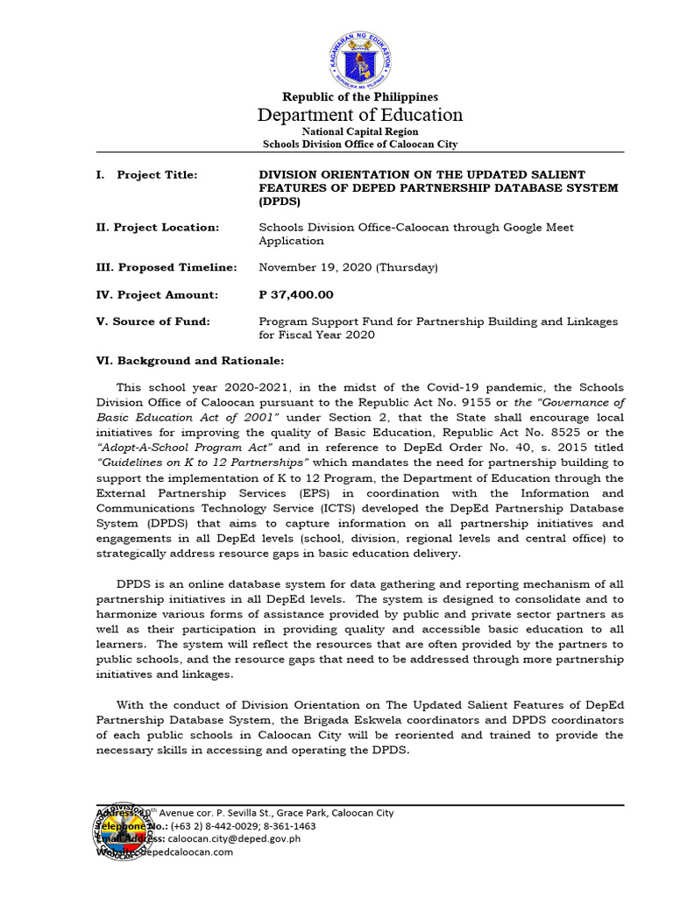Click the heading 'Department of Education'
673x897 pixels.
tap(360, 115)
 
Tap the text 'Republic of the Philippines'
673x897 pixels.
tap(360, 96)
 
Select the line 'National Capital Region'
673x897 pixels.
tap(360, 131)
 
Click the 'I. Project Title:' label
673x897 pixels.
tap(147, 175)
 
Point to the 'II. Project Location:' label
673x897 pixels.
tap(158, 228)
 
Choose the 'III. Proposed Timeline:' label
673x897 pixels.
tap(166, 267)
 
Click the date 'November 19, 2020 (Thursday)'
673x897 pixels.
tap(349, 267)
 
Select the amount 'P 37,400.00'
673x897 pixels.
tap(296, 295)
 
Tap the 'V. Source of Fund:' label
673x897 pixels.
tap(153, 321)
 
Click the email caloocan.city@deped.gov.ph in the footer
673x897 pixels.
tap(234, 838)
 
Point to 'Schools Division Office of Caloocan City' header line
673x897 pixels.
tap(360, 145)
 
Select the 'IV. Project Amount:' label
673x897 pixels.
tap(157, 295)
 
